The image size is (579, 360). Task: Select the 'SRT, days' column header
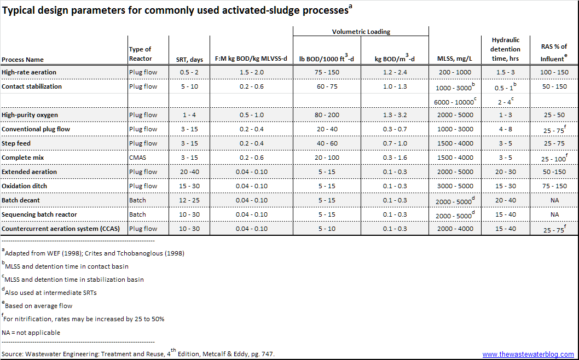(189, 59)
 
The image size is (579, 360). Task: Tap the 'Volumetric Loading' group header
(361, 32)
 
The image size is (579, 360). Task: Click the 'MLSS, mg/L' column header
(455, 59)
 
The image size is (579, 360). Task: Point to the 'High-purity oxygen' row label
(30, 115)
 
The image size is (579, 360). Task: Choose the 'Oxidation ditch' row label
(24, 186)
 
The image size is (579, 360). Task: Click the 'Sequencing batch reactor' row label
(39, 214)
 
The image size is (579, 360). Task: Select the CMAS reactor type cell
(138, 158)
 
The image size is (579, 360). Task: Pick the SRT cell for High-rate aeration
(189, 72)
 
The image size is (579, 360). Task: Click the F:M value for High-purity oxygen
(251, 115)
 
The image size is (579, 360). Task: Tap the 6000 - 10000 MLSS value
(454, 101)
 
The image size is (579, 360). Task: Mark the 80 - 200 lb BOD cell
(327, 115)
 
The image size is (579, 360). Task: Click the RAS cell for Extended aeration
(554, 172)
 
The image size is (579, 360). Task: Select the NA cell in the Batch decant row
(554, 200)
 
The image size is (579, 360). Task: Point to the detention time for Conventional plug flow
(506, 129)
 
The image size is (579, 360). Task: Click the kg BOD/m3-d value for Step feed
(395, 143)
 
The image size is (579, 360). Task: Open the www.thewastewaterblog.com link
(528, 355)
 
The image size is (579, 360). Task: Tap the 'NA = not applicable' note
(31, 333)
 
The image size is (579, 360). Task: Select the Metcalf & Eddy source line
(138, 354)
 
